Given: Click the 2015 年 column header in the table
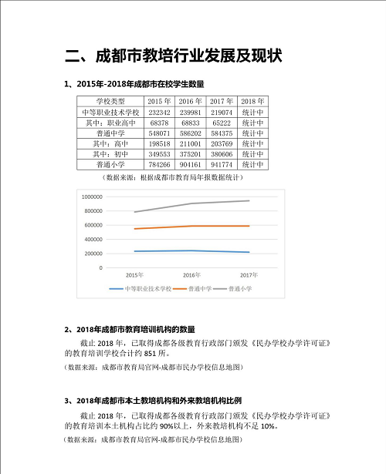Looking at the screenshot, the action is [x=158, y=101].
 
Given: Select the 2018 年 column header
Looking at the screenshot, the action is [x=252, y=101].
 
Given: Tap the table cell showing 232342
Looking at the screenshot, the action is [x=158, y=112].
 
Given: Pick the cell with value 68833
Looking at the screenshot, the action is [x=190, y=122].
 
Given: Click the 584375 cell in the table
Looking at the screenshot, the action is [x=222, y=133].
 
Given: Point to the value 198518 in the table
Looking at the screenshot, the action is [x=158, y=143].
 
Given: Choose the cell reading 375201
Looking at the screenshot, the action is [x=190, y=153].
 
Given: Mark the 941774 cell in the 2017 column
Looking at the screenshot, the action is [x=222, y=163].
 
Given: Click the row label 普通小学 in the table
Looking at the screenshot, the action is [x=110, y=163].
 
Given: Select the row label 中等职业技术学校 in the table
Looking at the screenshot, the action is [x=110, y=112].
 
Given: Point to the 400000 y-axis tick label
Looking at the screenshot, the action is [x=93, y=239].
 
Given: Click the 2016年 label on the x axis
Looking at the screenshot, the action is [x=191, y=275].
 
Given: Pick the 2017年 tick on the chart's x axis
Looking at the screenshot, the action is [x=249, y=275].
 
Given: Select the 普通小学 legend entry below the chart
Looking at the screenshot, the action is [x=239, y=288].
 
